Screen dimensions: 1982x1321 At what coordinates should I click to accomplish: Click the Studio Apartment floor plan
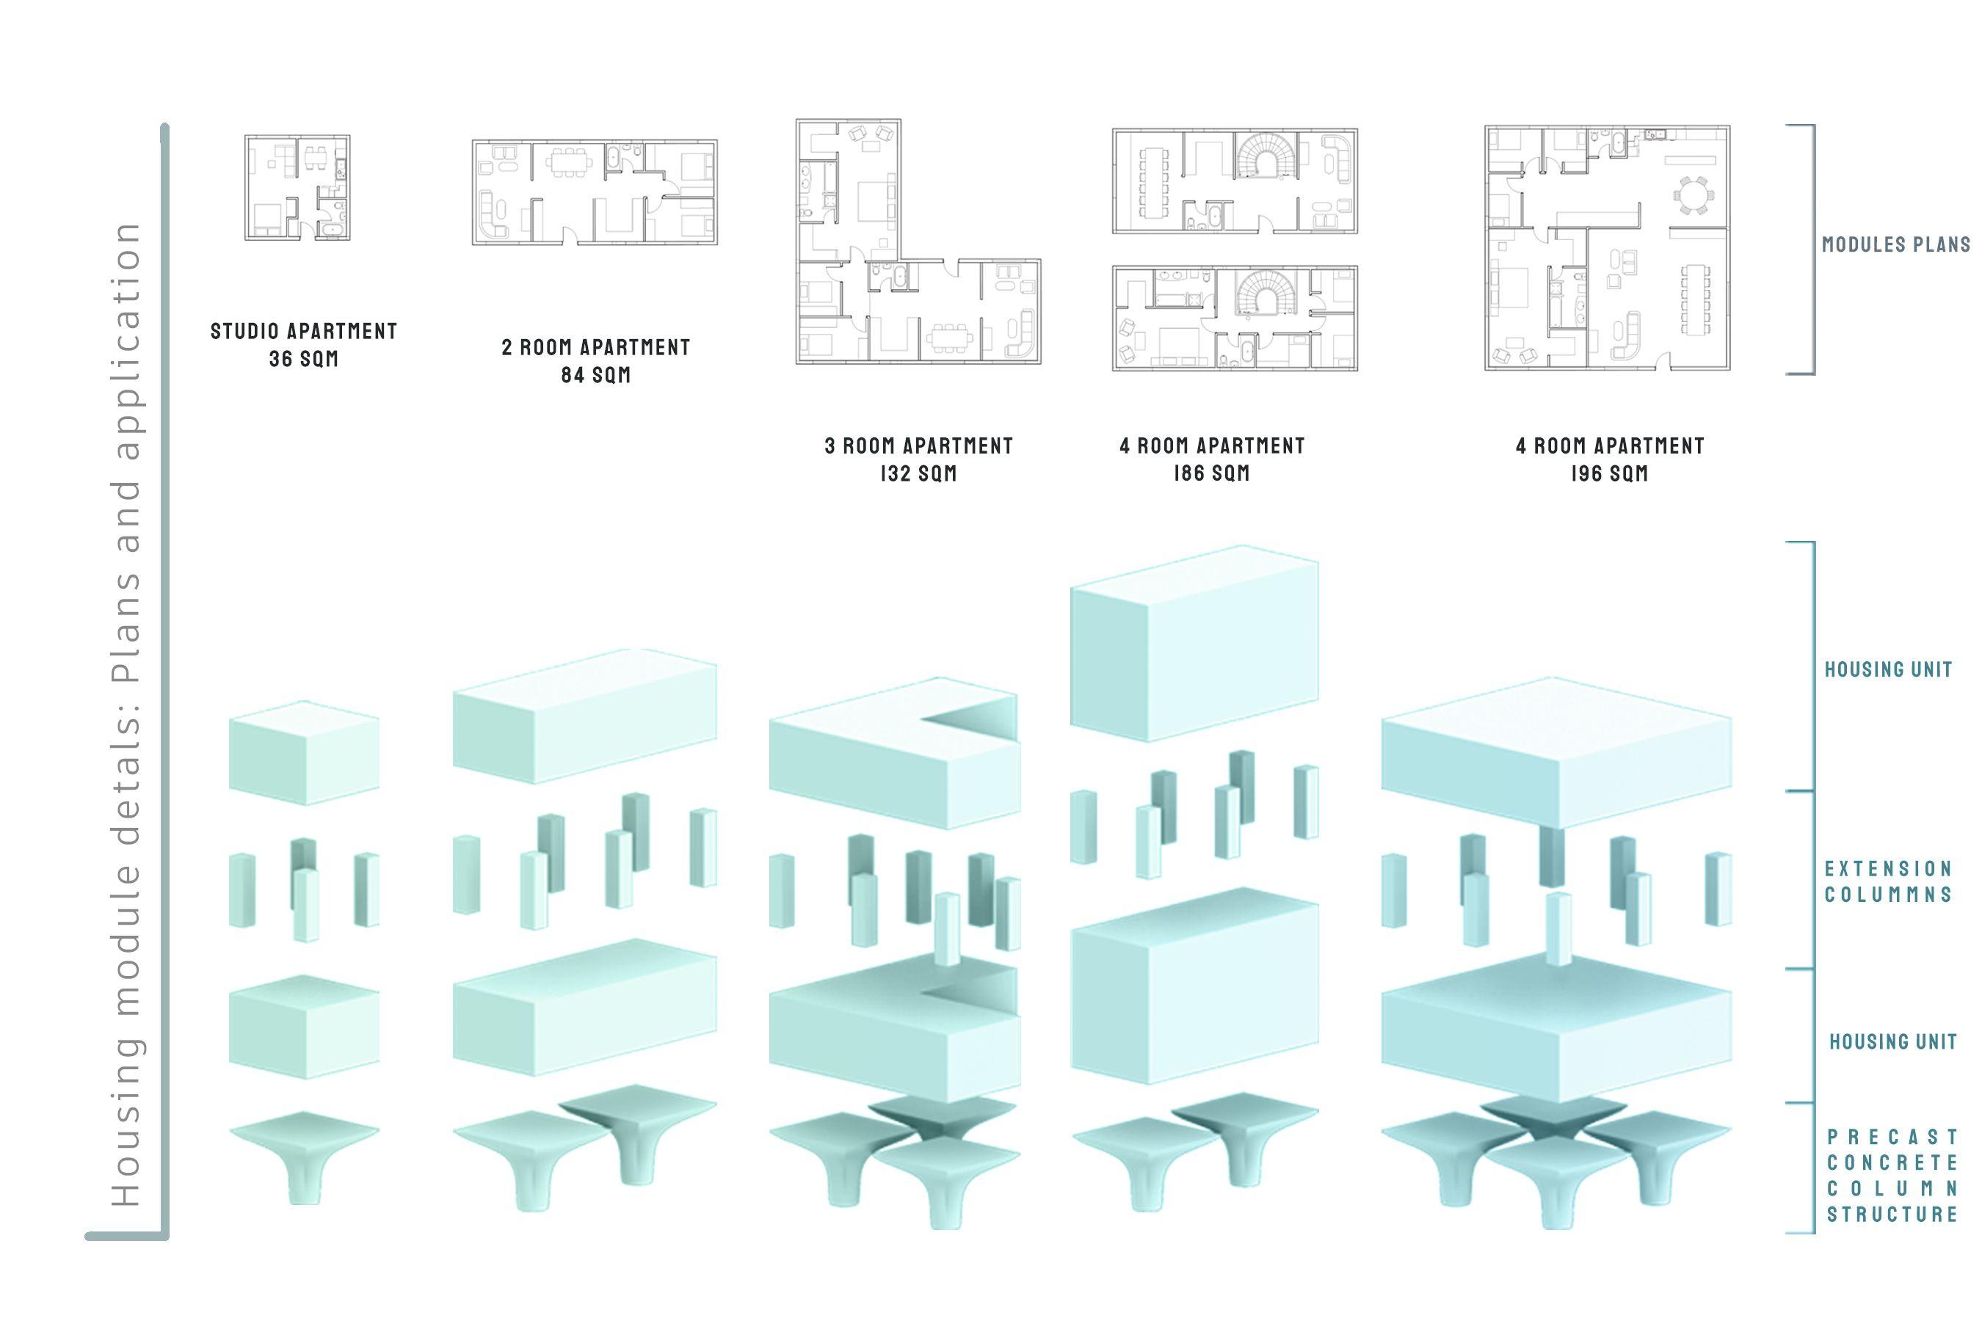[297, 187]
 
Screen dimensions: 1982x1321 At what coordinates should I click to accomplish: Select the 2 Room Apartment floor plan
[594, 192]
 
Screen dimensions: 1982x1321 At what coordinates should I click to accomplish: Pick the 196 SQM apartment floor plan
[1607, 248]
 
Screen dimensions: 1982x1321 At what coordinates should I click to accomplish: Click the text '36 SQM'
[303, 359]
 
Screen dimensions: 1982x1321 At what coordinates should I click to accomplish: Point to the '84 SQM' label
[596, 375]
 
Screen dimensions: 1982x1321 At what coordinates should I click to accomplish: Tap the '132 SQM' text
[918, 473]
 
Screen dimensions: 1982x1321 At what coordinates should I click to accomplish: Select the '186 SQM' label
[1212, 473]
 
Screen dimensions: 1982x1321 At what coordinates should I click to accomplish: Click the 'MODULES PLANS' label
[1895, 245]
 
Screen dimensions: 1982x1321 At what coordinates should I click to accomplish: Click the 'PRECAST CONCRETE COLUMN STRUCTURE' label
[1892, 1175]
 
